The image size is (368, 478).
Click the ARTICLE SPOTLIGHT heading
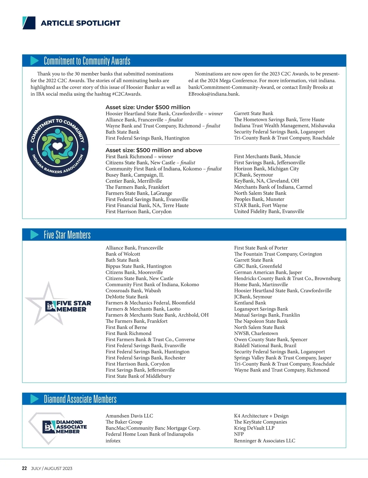[x=80, y=23]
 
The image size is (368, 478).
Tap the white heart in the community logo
[x=58, y=145]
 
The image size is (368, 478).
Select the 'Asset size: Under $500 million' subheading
[x=148, y=107]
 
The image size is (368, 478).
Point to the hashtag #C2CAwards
[x=127, y=94]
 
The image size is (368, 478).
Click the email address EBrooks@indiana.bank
[x=213, y=94]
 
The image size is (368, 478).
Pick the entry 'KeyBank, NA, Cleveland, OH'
[x=266, y=181]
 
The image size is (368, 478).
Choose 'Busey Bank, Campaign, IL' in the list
[x=135, y=175]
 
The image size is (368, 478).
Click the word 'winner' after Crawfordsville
[x=215, y=113]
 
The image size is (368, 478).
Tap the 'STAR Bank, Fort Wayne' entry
[x=261, y=205]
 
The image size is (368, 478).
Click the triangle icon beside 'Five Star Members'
[x=34, y=235]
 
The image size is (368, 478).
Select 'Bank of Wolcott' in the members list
[x=123, y=254]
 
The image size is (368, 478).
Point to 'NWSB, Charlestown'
[x=256, y=333]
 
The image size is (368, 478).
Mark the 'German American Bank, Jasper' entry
[x=268, y=272]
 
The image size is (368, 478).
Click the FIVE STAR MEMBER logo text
[x=74, y=306]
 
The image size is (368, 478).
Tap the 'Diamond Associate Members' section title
[x=80, y=399]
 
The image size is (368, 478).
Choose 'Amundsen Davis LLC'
[x=129, y=416]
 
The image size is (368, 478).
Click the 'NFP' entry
[x=239, y=434]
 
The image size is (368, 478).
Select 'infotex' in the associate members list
[x=113, y=441]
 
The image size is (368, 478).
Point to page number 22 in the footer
[x=25, y=468]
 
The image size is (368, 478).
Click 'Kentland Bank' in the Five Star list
[x=250, y=303]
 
